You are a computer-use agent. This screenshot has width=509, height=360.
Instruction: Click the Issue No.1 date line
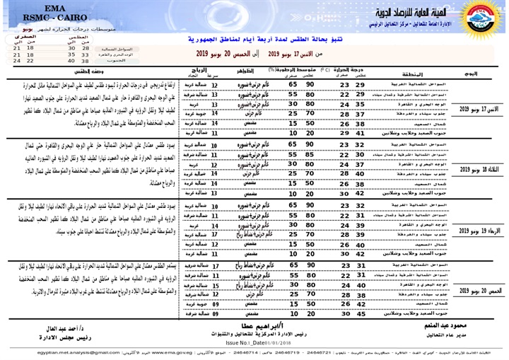pos(251,341)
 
